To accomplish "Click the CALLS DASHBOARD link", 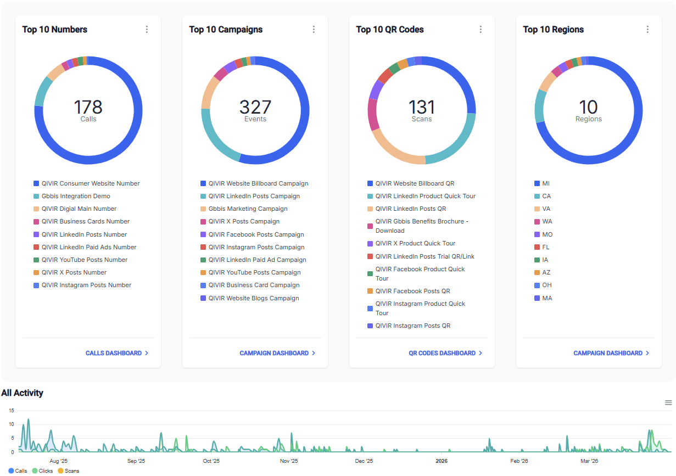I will pyautogui.click(x=116, y=353).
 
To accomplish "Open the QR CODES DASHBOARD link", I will pyautogui.click(x=445, y=353).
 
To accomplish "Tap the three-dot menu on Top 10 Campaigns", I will pyautogui.click(x=314, y=30).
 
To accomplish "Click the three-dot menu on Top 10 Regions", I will pyautogui.click(x=647, y=30).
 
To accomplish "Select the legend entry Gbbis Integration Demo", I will pyautogui.click(x=76, y=196).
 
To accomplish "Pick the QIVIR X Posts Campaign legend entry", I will pyautogui.click(x=244, y=221).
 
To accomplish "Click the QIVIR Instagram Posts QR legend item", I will pyautogui.click(x=412, y=326).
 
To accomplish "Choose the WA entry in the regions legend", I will pyautogui.click(x=547, y=221).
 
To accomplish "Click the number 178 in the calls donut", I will pyautogui.click(x=88, y=107).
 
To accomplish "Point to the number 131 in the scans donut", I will pyautogui.click(x=422, y=107).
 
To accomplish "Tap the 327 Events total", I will pyautogui.click(x=255, y=107).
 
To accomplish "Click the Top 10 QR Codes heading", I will pyautogui.click(x=390, y=30).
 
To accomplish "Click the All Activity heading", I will pyautogui.click(x=22, y=393).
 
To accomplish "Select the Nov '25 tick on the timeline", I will pyautogui.click(x=289, y=461).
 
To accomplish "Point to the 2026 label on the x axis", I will pyautogui.click(x=442, y=461).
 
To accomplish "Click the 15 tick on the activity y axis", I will pyautogui.click(x=12, y=411).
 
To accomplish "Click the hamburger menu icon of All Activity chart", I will pyautogui.click(x=668, y=402).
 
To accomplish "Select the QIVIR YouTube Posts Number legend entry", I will pyautogui.click(x=84, y=260).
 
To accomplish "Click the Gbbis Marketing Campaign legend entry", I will pyautogui.click(x=248, y=209).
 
